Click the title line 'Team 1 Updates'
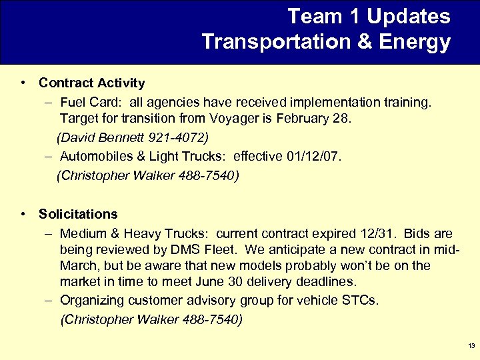coord(369,16)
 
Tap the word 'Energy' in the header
coord(414,42)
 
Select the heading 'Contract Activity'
coord(91,83)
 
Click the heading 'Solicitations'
coord(78,215)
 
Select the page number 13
coord(471,346)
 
